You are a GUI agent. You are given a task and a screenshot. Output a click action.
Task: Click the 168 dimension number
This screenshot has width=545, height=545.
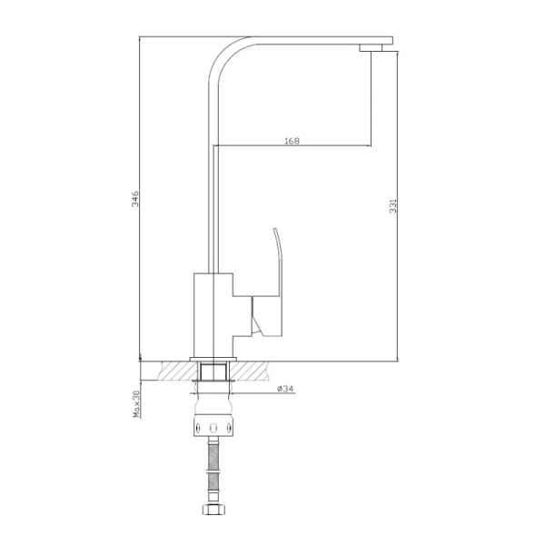click(292, 141)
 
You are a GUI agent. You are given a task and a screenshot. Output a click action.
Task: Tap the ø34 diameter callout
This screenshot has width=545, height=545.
click(284, 390)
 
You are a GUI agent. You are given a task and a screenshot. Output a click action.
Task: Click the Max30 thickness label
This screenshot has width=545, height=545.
click(136, 403)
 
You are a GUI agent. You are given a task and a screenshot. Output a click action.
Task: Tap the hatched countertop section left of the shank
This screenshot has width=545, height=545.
click(176, 372)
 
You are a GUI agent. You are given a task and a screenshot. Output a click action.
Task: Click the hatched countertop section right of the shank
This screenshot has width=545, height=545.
click(254, 372)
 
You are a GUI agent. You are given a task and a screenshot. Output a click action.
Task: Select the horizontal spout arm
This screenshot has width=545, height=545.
click(309, 41)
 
